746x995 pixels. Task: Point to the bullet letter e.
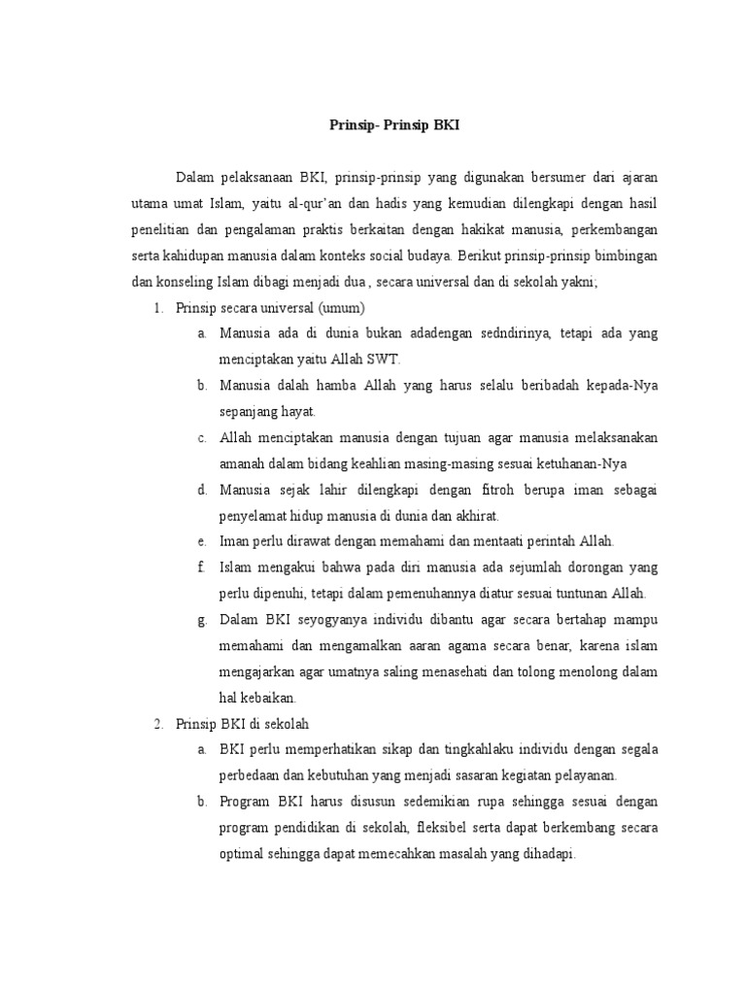point(200,541)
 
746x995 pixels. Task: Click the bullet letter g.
point(200,620)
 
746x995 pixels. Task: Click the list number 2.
point(156,724)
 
